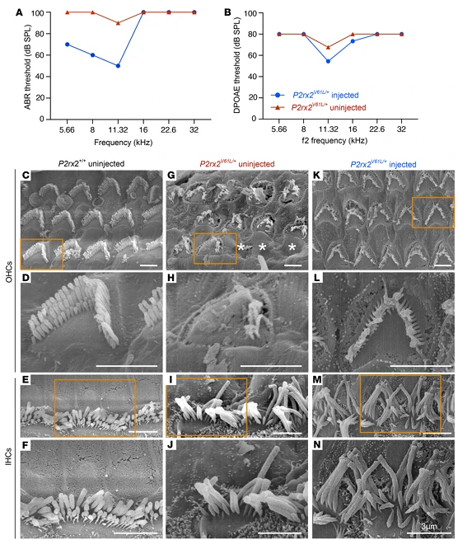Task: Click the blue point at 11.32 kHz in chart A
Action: coord(119,66)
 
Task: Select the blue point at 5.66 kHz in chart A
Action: coord(67,45)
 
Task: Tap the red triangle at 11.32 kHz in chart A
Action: coord(119,23)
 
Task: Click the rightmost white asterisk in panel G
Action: coord(292,248)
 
